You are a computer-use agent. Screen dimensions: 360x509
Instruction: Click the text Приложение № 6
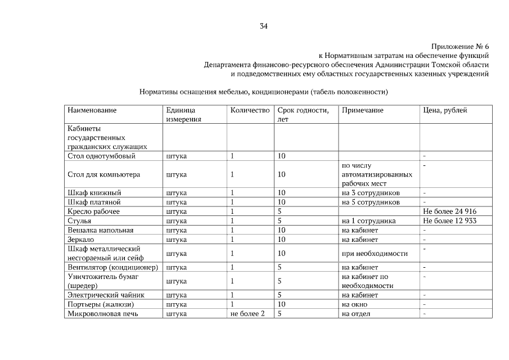[x=460, y=46]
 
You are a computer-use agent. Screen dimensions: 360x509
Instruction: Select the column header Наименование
[x=92, y=110]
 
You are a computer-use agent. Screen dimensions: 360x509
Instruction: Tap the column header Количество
[x=250, y=110]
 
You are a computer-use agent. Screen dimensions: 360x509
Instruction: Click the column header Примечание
[x=362, y=110]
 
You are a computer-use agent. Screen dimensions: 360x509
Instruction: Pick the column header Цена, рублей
[x=445, y=110]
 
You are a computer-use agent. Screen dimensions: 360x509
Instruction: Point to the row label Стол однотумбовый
[x=101, y=156]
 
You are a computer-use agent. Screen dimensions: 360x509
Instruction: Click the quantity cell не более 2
[x=247, y=313]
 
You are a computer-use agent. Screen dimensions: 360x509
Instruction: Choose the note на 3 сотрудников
[x=371, y=193]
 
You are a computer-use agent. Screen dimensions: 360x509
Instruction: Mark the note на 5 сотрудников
[x=371, y=202]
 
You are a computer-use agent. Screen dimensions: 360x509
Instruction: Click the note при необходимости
[x=375, y=253]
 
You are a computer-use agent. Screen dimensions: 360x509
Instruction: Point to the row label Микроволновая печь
[x=102, y=313]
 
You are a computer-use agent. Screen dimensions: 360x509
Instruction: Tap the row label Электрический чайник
[x=106, y=294]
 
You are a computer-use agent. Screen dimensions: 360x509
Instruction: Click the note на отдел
[x=356, y=313]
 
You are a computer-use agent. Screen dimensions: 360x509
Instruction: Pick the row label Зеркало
[x=82, y=239]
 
